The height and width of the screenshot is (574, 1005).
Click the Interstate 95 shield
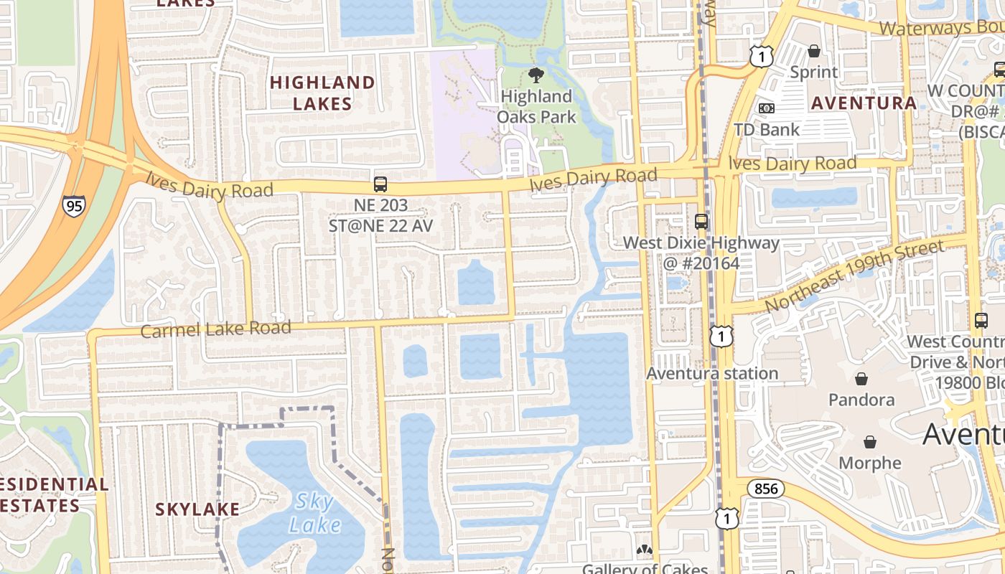pyautogui.click(x=73, y=206)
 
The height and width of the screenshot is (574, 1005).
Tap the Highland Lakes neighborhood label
pyautogui.click(x=322, y=93)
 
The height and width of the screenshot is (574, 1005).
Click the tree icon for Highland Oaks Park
pyautogui.click(x=536, y=75)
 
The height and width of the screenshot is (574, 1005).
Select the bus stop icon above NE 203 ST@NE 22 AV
pyautogui.click(x=380, y=184)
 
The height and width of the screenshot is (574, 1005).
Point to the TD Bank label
pyautogui.click(x=767, y=130)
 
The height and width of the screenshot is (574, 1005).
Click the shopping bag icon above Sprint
pyautogui.click(x=814, y=51)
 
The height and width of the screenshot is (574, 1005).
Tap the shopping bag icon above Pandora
pyautogui.click(x=861, y=378)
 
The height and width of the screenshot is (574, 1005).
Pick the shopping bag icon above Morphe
pyautogui.click(x=870, y=441)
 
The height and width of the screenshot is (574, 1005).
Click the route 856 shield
pyautogui.click(x=765, y=489)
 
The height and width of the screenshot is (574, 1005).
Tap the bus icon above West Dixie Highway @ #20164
pyautogui.click(x=701, y=222)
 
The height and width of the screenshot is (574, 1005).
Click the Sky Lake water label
pyautogui.click(x=314, y=512)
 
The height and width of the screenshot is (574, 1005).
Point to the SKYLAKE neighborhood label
pyautogui.click(x=197, y=509)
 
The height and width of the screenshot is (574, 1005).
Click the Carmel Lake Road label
pyautogui.click(x=215, y=329)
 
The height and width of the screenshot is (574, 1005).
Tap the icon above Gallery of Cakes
pyautogui.click(x=645, y=550)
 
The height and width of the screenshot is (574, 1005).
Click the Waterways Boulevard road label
pyautogui.click(x=940, y=28)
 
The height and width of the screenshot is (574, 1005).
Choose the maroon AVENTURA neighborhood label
pyautogui.click(x=864, y=103)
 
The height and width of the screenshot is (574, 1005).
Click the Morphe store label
pyautogui.click(x=870, y=463)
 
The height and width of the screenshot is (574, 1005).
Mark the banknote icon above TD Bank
pyautogui.click(x=767, y=108)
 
